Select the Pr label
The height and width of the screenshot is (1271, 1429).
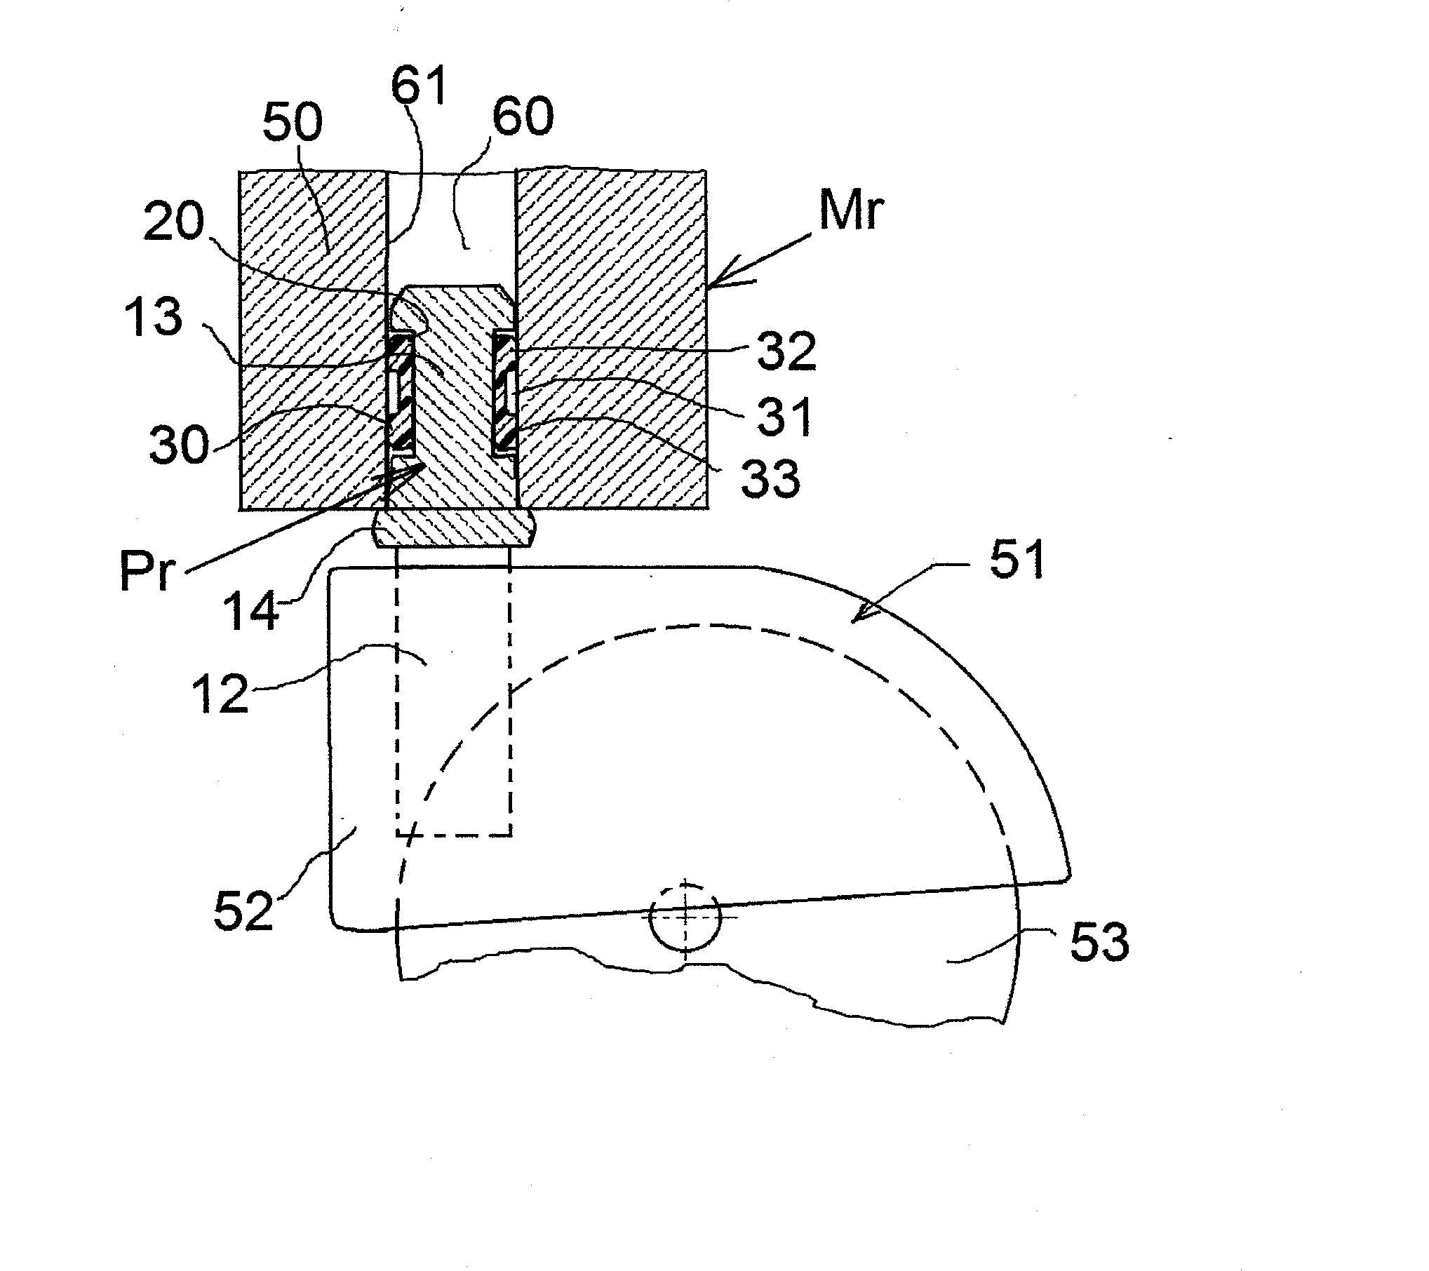(146, 571)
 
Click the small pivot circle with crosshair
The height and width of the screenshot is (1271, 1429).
(685, 917)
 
